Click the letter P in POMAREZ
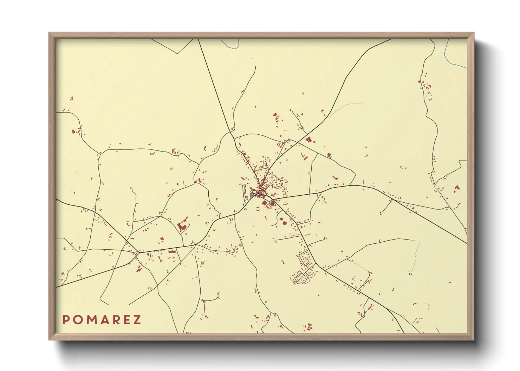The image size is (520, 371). [x=66, y=320]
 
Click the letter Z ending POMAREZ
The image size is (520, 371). [x=137, y=320]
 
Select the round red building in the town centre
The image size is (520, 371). [x=272, y=203]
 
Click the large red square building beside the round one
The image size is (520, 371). [x=265, y=202]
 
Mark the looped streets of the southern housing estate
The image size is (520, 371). [x=303, y=270]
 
